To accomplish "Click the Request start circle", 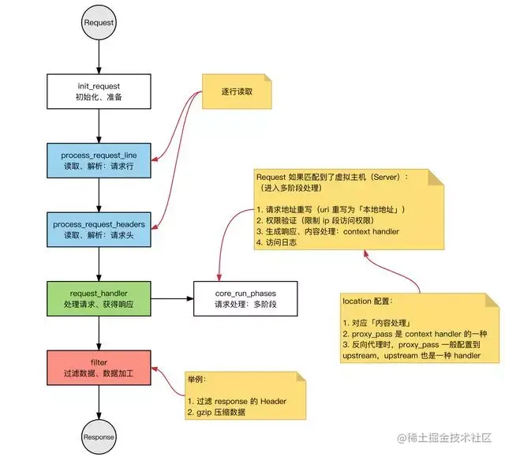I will click(x=99, y=23).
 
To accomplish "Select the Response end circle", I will click(x=99, y=436).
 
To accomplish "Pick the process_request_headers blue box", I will click(x=99, y=229).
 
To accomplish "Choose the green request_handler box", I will click(x=99, y=298).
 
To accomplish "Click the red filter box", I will click(x=99, y=367).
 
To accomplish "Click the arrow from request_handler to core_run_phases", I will click(x=171, y=298).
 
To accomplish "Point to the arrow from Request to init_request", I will click(x=99, y=56).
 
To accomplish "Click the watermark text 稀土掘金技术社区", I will click(x=454, y=436).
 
